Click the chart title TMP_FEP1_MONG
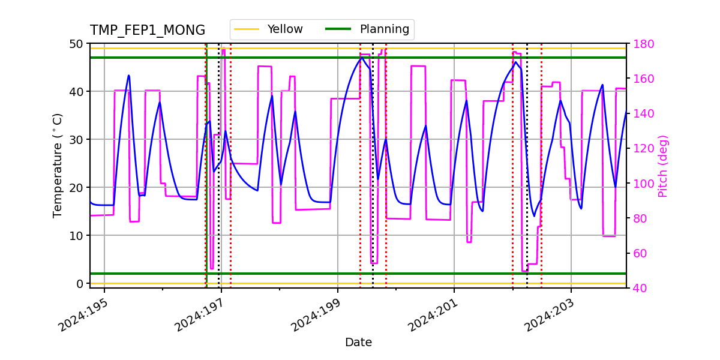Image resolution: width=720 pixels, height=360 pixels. (148, 31)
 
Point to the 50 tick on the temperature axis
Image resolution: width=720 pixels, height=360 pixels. (76, 44)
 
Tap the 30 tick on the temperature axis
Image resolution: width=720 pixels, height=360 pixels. (76, 139)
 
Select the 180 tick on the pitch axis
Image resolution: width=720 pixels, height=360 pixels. (642, 44)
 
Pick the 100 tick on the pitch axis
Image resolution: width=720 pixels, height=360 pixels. (642, 183)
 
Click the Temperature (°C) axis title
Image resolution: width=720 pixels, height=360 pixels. (58, 165)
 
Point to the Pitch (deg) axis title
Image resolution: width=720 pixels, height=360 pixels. (663, 166)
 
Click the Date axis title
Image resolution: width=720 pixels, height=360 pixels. (358, 343)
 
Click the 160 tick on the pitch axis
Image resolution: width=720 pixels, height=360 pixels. (642, 79)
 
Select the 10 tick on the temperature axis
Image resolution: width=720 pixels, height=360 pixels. (76, 235)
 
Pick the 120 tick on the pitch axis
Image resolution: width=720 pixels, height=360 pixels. (642, 148)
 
